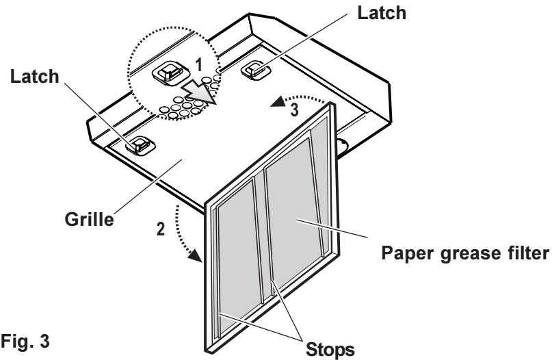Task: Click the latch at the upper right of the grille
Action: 254,67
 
